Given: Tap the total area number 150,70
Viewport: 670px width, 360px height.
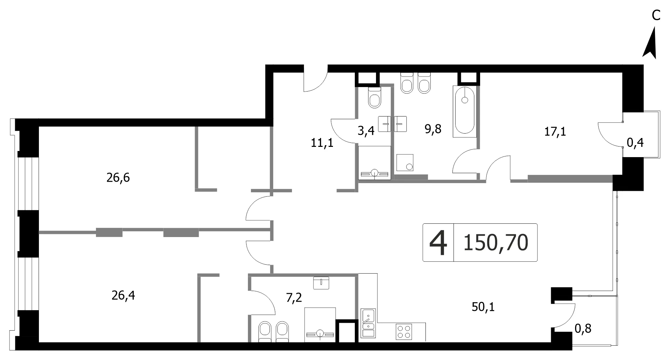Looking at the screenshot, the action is [496, 243].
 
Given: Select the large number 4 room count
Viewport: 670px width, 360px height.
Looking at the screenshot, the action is [438, 243].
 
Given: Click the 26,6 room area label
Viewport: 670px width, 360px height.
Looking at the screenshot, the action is [118, 178].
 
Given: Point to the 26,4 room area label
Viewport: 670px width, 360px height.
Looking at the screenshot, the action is [123, 295].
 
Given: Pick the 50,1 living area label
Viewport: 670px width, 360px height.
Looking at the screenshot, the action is [483, 307].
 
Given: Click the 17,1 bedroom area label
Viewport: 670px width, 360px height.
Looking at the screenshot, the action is [555, 131].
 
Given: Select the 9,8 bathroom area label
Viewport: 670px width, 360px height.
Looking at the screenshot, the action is [433, 129].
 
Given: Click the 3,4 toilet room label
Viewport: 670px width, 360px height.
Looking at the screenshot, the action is [366, 131].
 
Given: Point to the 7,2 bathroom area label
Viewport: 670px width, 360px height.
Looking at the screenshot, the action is [294, 298].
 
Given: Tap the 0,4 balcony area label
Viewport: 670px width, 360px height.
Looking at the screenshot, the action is [635, 142].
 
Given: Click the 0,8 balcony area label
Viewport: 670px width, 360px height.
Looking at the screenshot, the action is [583, 329].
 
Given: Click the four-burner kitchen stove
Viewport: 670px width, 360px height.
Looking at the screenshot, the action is [403, 331].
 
